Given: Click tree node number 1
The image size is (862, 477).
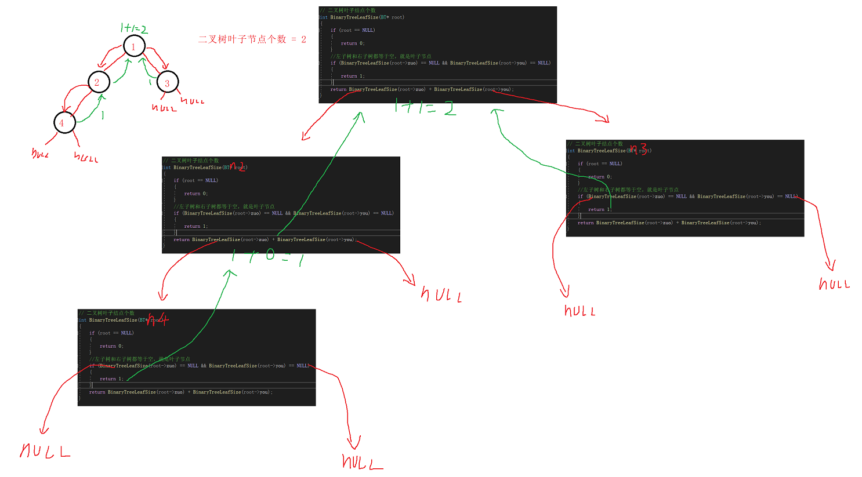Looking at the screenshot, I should click(x=133, y=46).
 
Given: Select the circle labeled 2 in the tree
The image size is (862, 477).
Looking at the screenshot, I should click(x=97, y=82).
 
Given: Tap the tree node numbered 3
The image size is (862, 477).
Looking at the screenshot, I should click(x=167, y=83).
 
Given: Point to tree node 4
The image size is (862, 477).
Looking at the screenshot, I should click(x=62, y=123).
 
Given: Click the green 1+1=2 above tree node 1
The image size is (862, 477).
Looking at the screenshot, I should click(x=133, y=28).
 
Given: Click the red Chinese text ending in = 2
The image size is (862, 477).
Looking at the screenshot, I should click(x=252, y=39).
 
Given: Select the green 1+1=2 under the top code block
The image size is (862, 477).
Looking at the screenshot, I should click(x=425, y=107).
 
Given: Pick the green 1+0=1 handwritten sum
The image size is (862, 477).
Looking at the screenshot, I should click(x=267, y=256).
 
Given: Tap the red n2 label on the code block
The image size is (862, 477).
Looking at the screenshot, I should click(x=238, y=167).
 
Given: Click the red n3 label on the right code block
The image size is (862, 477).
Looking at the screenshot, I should click(x=639, y=150).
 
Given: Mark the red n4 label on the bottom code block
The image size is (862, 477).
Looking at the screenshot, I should click(x=157, y=319).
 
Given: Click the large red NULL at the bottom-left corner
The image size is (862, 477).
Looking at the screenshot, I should click(x=45, y=451).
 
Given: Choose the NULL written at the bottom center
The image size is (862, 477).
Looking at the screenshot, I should click(x=362, y=462).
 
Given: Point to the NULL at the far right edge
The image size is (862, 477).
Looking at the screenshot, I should click(x=834, y=284).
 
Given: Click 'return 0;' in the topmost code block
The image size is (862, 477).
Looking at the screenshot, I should click(x=353, y=43).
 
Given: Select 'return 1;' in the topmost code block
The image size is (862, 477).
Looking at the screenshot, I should click(x=353, y=76).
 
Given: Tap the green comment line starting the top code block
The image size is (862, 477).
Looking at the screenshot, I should click(x=348, y=10).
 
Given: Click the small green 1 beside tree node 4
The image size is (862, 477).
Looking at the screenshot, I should click(x=103, y=115).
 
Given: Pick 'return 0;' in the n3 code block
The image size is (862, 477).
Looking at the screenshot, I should click(x=600, y=177).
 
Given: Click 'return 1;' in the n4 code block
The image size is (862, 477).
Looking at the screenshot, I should click(x=111, y=379).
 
